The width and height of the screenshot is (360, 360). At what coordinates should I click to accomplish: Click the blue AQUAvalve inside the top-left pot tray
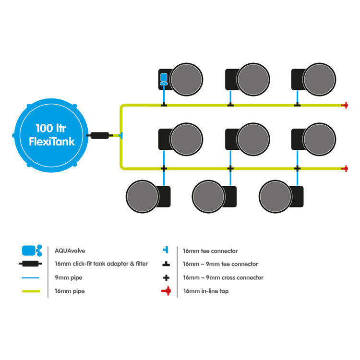click(x=164, y=79)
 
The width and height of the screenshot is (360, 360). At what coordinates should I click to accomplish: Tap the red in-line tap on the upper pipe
click(x=345, y=105)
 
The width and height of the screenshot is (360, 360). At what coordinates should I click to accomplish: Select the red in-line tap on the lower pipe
click(x=345, y=168)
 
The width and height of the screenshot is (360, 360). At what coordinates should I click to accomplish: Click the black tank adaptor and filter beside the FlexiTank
click(x=100, y=135)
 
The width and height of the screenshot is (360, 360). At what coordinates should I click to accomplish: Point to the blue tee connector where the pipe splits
click(x=121, y=135)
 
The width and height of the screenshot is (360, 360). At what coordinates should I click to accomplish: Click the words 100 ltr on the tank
click(x=51, y=128)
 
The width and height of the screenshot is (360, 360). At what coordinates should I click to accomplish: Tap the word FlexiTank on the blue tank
click(x=52, y=141)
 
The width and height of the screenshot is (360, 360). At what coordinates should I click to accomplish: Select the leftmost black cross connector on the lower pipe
click(x=164, y=168)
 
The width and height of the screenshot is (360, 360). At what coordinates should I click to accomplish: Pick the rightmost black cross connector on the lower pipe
click(x=297, y=168)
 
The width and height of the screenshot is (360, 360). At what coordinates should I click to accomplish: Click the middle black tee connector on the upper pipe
click(x=230, y=105)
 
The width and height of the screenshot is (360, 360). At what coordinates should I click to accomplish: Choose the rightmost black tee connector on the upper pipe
click(x=297, y=105)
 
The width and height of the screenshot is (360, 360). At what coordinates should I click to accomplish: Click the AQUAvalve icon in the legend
click(x=32, y=251)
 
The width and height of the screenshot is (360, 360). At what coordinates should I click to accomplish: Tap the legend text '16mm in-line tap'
click(x=206, y=291)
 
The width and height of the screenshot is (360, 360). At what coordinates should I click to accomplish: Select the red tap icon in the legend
click(x=166, y=291)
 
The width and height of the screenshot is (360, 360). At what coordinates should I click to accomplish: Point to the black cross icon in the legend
click(x=166, y=278)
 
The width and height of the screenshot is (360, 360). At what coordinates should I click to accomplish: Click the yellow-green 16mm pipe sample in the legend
click(x=31, y=291)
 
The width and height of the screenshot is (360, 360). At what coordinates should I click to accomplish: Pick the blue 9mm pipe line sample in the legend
click(x=31, y=278)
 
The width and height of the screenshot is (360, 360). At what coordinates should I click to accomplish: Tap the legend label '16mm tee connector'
click(x=210, y=251)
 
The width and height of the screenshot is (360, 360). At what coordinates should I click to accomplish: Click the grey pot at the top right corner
click(x=319, y=79)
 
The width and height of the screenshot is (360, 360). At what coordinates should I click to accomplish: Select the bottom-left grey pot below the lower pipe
click(x=143, y=196)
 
